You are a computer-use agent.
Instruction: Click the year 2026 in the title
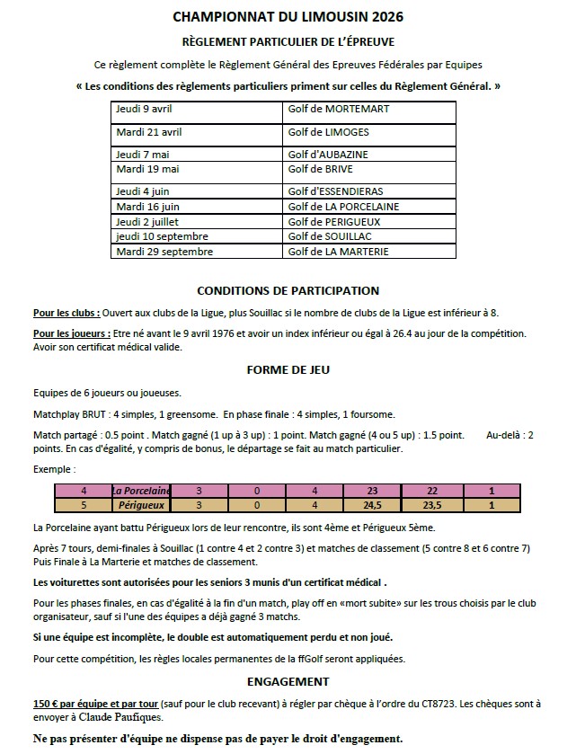[378, 16]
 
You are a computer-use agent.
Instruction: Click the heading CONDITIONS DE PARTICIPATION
[288, 290]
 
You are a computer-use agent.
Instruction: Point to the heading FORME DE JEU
[288, 368]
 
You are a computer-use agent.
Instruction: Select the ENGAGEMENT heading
[288, 682]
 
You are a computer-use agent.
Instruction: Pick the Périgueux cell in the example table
[140, 505]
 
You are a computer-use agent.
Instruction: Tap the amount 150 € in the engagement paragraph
[49, 704]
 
